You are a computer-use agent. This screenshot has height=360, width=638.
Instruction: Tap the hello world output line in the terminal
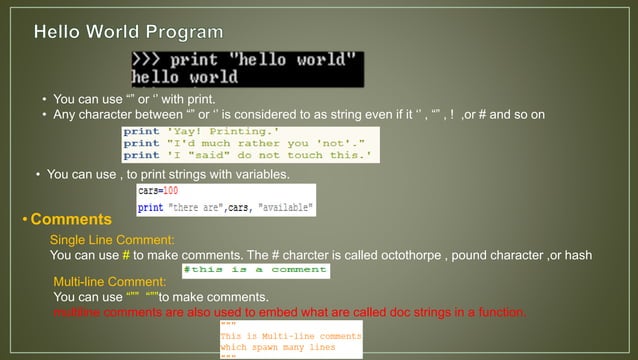(185, 77)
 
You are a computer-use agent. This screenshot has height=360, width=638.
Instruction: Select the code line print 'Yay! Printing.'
(200, 131)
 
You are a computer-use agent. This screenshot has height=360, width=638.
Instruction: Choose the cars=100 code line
(158, 190)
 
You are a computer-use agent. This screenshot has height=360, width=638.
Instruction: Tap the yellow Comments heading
(71, 219)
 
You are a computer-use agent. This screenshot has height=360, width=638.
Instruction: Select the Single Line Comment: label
(112, 240)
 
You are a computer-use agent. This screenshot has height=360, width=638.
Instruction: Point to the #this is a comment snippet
(255, 270)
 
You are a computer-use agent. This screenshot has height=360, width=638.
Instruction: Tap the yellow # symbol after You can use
(126, 255)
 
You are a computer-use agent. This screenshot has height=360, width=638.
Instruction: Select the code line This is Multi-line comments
(290, 337)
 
